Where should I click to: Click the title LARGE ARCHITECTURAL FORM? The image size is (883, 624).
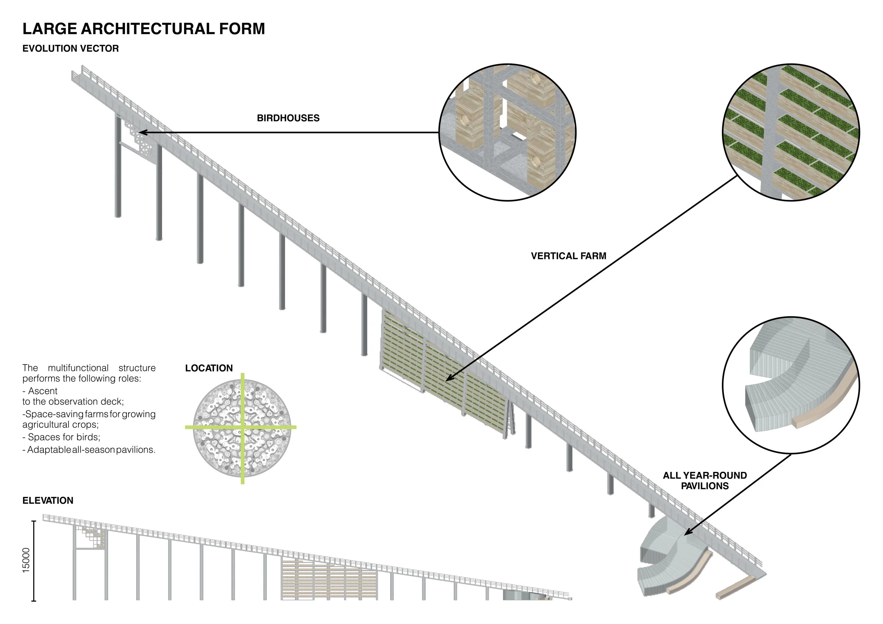(x=144, y=29)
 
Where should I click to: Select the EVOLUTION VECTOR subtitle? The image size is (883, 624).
(x=71, y=48)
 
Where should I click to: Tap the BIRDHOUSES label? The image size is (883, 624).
(x=288, y=118)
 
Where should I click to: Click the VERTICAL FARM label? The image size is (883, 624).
(x=568, y=256)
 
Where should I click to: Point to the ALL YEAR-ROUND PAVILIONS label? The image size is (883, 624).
(x=705, y=481)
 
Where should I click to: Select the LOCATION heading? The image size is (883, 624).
(x=209, y=368)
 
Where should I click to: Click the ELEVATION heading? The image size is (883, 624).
(x=48, y=500)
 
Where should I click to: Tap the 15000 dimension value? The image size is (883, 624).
(x=26, y=560)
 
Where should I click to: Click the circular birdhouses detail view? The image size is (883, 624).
(x=507, y=132)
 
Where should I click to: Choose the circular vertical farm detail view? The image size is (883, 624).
(x=791, y=132)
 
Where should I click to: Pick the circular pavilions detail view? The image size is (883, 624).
(x=791, y=385)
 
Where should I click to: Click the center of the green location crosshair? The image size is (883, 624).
(x=242, y=427)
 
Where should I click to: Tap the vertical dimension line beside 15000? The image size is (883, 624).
(x=34, y=561)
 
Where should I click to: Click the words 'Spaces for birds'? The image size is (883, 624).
(x=64, y=437)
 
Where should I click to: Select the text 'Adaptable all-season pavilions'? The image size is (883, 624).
(x=91, y=450)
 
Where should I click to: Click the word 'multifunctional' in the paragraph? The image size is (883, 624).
(x=78, y=368)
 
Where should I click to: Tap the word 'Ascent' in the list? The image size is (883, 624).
(x=43, y=391)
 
